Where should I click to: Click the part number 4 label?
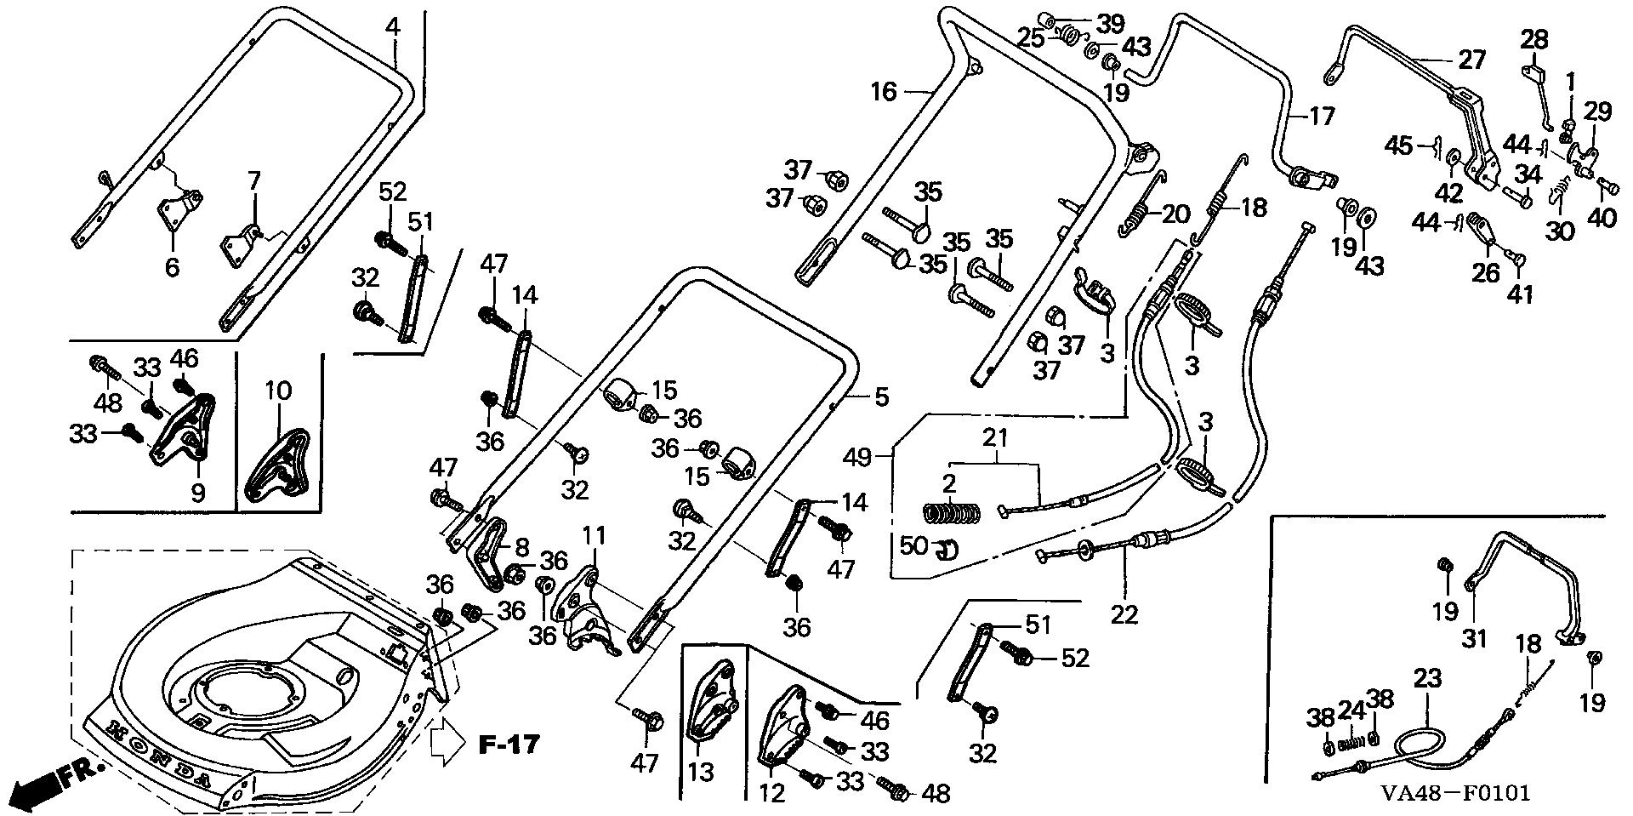(392, 26)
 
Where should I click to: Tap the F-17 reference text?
(509, 745)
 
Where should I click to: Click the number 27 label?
(1471, 60)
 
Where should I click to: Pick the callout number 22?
(1124, 613)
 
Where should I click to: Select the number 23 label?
(1429, 678)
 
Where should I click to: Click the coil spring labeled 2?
(953, 513)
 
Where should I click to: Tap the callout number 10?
(278, 391)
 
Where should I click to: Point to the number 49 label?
(857, 458)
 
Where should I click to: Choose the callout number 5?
(882, 396)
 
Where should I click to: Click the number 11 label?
(594, 535)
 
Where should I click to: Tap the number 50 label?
(913, 545)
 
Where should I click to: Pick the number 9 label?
(198, 494)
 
